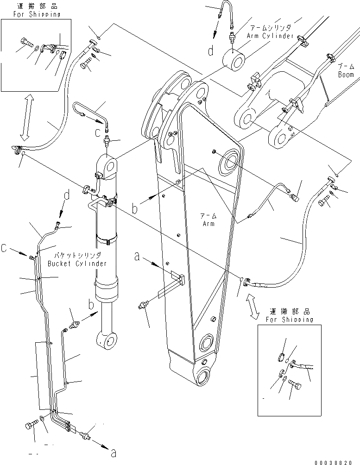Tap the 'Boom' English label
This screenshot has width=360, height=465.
tap(346, 74)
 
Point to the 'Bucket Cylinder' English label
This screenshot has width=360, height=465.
tap(77, 263)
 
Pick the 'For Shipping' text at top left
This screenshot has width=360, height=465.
tap(31, 14)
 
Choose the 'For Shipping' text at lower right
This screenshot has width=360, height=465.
tap(289, 320)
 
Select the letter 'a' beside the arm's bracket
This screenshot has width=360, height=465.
tap(137, 256)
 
